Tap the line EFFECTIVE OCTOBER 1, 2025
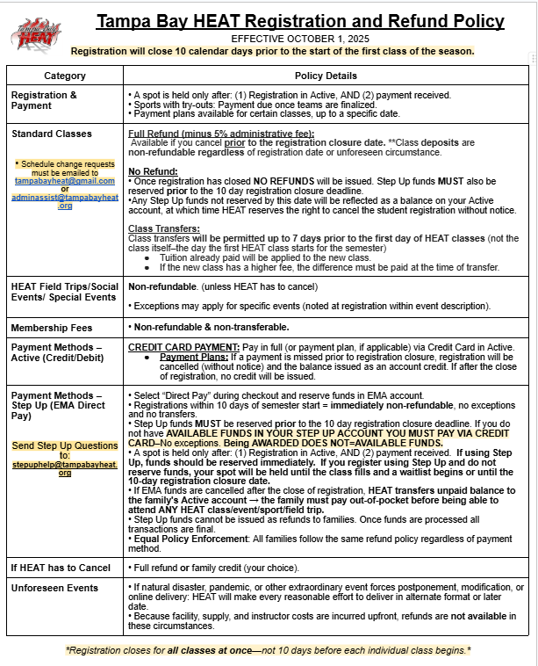(289, 39)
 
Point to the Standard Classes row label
(51, 134)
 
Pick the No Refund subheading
(149, 170)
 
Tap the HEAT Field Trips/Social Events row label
(64, 292)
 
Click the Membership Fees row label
(53, 328)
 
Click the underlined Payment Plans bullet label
(189, 358)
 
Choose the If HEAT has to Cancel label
(59, 568)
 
